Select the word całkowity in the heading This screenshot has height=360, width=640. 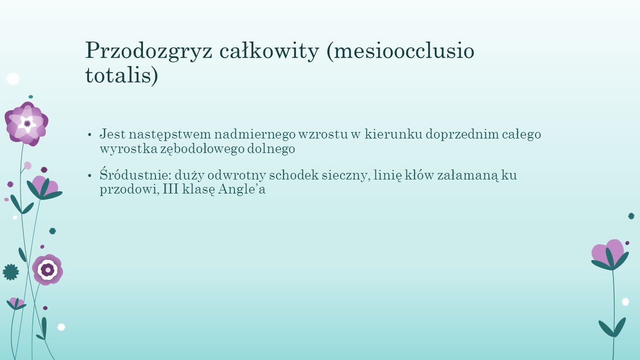tap(269, 51)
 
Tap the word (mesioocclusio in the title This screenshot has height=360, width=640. tap(400, 51)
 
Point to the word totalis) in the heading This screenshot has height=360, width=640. tap(121, 75)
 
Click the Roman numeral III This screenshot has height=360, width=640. tap(170, 189)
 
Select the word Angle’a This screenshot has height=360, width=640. tap(241, 189)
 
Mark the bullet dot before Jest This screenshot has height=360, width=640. tap(89, 135)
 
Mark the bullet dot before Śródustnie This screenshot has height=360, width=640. tap(89, 175)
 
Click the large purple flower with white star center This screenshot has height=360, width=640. tap(26, 124)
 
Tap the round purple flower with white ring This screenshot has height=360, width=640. tap(47, 269)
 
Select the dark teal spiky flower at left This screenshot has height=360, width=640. tap(10, 272)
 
